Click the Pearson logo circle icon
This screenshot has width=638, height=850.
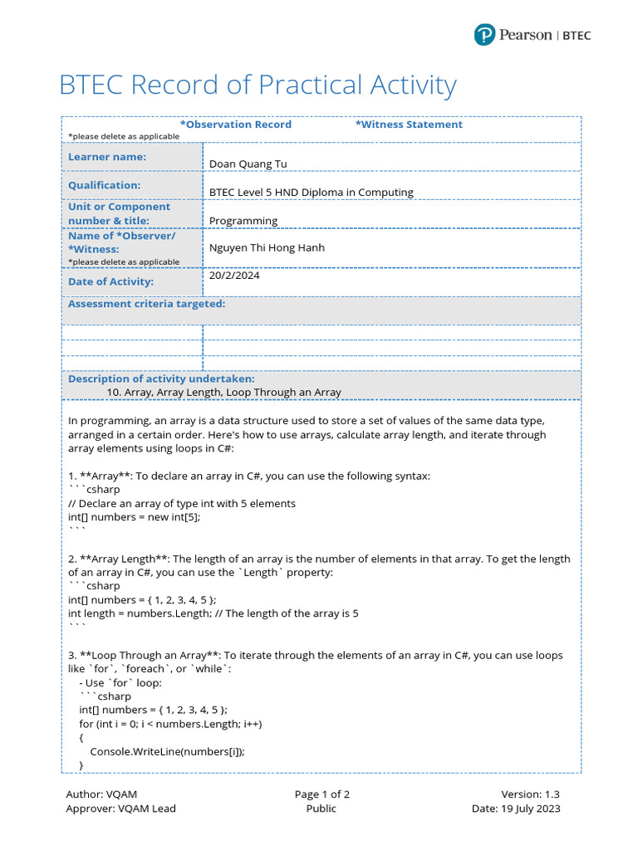pyautogui.click(x=484, y=35)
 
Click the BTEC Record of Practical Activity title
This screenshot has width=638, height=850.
pyautogui.click(x=258, y=85)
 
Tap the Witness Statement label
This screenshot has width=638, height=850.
pyautogui.click(x=409, y=125)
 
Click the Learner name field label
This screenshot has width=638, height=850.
pyautogui.click(x=107, y=157)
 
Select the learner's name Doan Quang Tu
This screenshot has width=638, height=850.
pyautogui.click(x=248, y=164)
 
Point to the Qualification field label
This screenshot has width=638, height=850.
pyautogui.click(x=105, y=185)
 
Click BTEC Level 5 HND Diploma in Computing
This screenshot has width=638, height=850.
pyautogui.click(x=311, y=193)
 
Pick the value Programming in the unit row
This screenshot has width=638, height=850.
pyautogui.click(x=243, y=221)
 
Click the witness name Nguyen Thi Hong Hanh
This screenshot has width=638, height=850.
pyautogui.click(x=267, y=247)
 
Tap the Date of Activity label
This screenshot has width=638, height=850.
pyautogui.click(x=111, y=281)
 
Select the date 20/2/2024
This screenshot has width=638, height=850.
pyautogui.click(x=234, y=276)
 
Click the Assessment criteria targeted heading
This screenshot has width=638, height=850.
pyautogui.click(x=146, y=304)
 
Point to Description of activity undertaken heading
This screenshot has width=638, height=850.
pyautogui.click(x=161, y=379)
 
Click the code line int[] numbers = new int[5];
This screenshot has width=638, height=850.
pyautogui.click(x=134, y=516)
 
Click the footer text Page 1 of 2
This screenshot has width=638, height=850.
pyautogui.click(x=321, y=794)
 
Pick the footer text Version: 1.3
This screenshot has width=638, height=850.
pyautogui.click(x=530, y=794)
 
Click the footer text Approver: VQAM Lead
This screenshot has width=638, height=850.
pyautogui.click(x=120, y=808)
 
